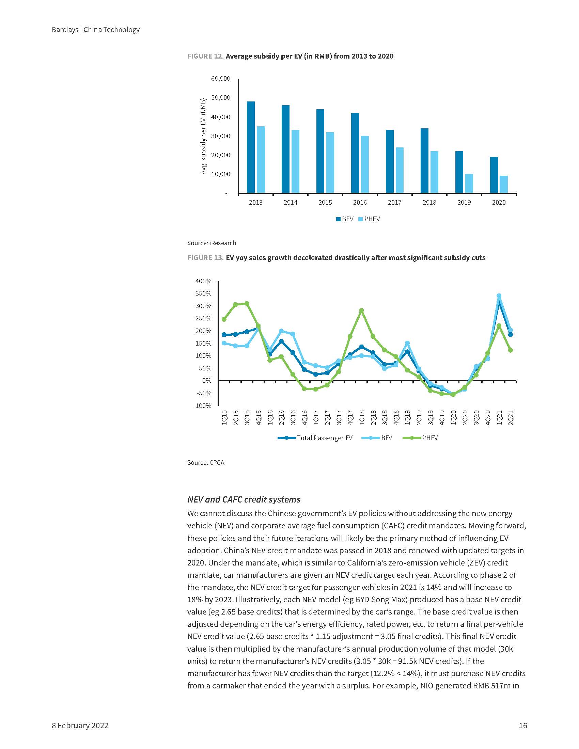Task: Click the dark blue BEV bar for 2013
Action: tap(251, 147)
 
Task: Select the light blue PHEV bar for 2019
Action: tap(469, 184)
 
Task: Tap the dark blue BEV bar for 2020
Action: tap(494, 175)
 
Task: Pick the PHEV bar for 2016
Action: tap(365, 164)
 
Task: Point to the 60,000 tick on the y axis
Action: tap(221, 79)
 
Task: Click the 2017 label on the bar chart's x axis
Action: tap(394, 203)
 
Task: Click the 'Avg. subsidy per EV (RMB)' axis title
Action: tap(203, 136)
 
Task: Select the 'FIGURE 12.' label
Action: tap(205, 56)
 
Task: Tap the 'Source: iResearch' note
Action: tap(211, 243)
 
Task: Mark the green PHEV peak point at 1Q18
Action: tap(361, 310)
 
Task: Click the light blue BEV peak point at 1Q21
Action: tap(499, 296)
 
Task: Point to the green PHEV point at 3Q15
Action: tap(247, 303)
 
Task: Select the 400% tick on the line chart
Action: tap(203, 281)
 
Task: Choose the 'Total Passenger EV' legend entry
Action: tap(315, 438)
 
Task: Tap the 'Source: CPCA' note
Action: tap(206, 463)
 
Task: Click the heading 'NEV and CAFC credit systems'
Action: tap(244, 499)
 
